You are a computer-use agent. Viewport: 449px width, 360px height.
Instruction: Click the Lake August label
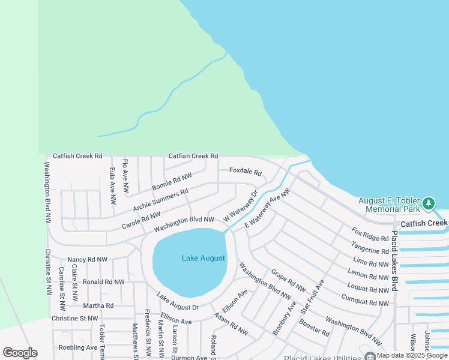pyautogui.click(x=203, y=259)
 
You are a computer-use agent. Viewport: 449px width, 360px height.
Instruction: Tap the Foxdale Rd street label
pyautogui.click(x=246, y=172)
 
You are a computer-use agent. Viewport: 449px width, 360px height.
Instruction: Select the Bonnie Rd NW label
pyautogui.click(x=172, y=182)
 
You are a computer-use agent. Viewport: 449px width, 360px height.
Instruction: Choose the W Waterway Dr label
pyautogui.click(x=240, y=207)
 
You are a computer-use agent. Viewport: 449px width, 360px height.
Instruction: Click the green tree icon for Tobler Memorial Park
pyautogui.click(x=428, y=204)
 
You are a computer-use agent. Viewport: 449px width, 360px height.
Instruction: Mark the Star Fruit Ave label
pyautogui.click(x=313, y=297)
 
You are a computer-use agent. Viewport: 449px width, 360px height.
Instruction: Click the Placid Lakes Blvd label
pyautogui.click(x=395, y=261)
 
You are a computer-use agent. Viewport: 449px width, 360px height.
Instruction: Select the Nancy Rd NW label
pyautogui.click(x=88, y=260)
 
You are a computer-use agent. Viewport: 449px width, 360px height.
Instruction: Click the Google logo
pyautogui.click(x=20, y=352)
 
